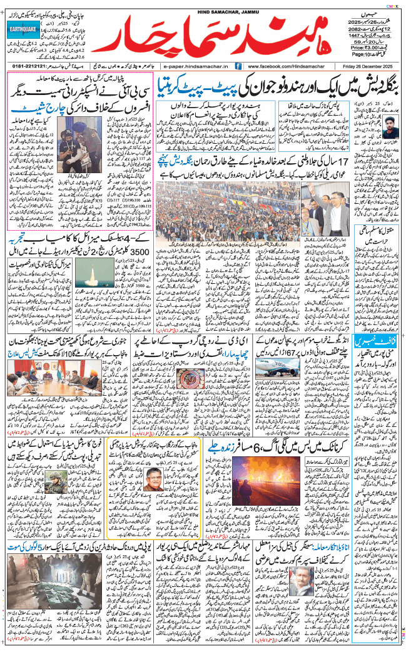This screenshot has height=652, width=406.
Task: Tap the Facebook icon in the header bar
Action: pyautogui.click(x=238, y=66)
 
